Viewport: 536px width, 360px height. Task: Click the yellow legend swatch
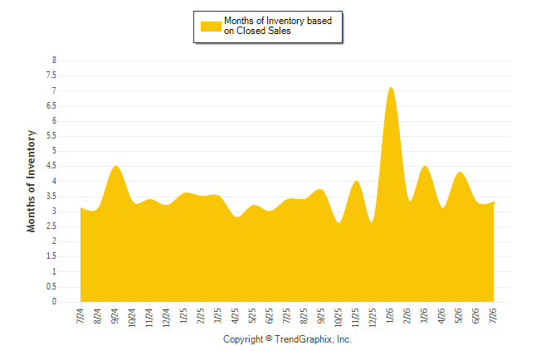[x=211, y=27]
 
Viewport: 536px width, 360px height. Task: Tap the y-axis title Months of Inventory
[x=31, y=181]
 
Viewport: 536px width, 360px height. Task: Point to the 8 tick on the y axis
[x=54, y=61]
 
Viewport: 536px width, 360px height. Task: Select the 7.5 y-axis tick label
[x=51, y=75]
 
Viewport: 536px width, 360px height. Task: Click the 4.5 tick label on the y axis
[x=51, y=166]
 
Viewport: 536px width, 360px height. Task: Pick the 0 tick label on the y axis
[x=54, y=302]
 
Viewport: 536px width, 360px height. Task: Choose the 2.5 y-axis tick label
[x=51, y=226]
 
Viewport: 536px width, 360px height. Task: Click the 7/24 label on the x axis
[x=80, y=316]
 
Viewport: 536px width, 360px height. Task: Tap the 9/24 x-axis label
[x=115, y=316]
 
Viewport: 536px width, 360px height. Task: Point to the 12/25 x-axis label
[x=373, y=317]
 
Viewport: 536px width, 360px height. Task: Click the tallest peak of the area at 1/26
[x=391, y=88]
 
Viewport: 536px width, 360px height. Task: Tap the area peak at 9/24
[x=116, y=166]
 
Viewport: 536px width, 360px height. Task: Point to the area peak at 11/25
[x=356, y=181]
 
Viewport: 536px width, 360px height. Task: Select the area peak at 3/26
[x=425, y=166]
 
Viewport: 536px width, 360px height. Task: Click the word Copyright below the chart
[x=243, y=339]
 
